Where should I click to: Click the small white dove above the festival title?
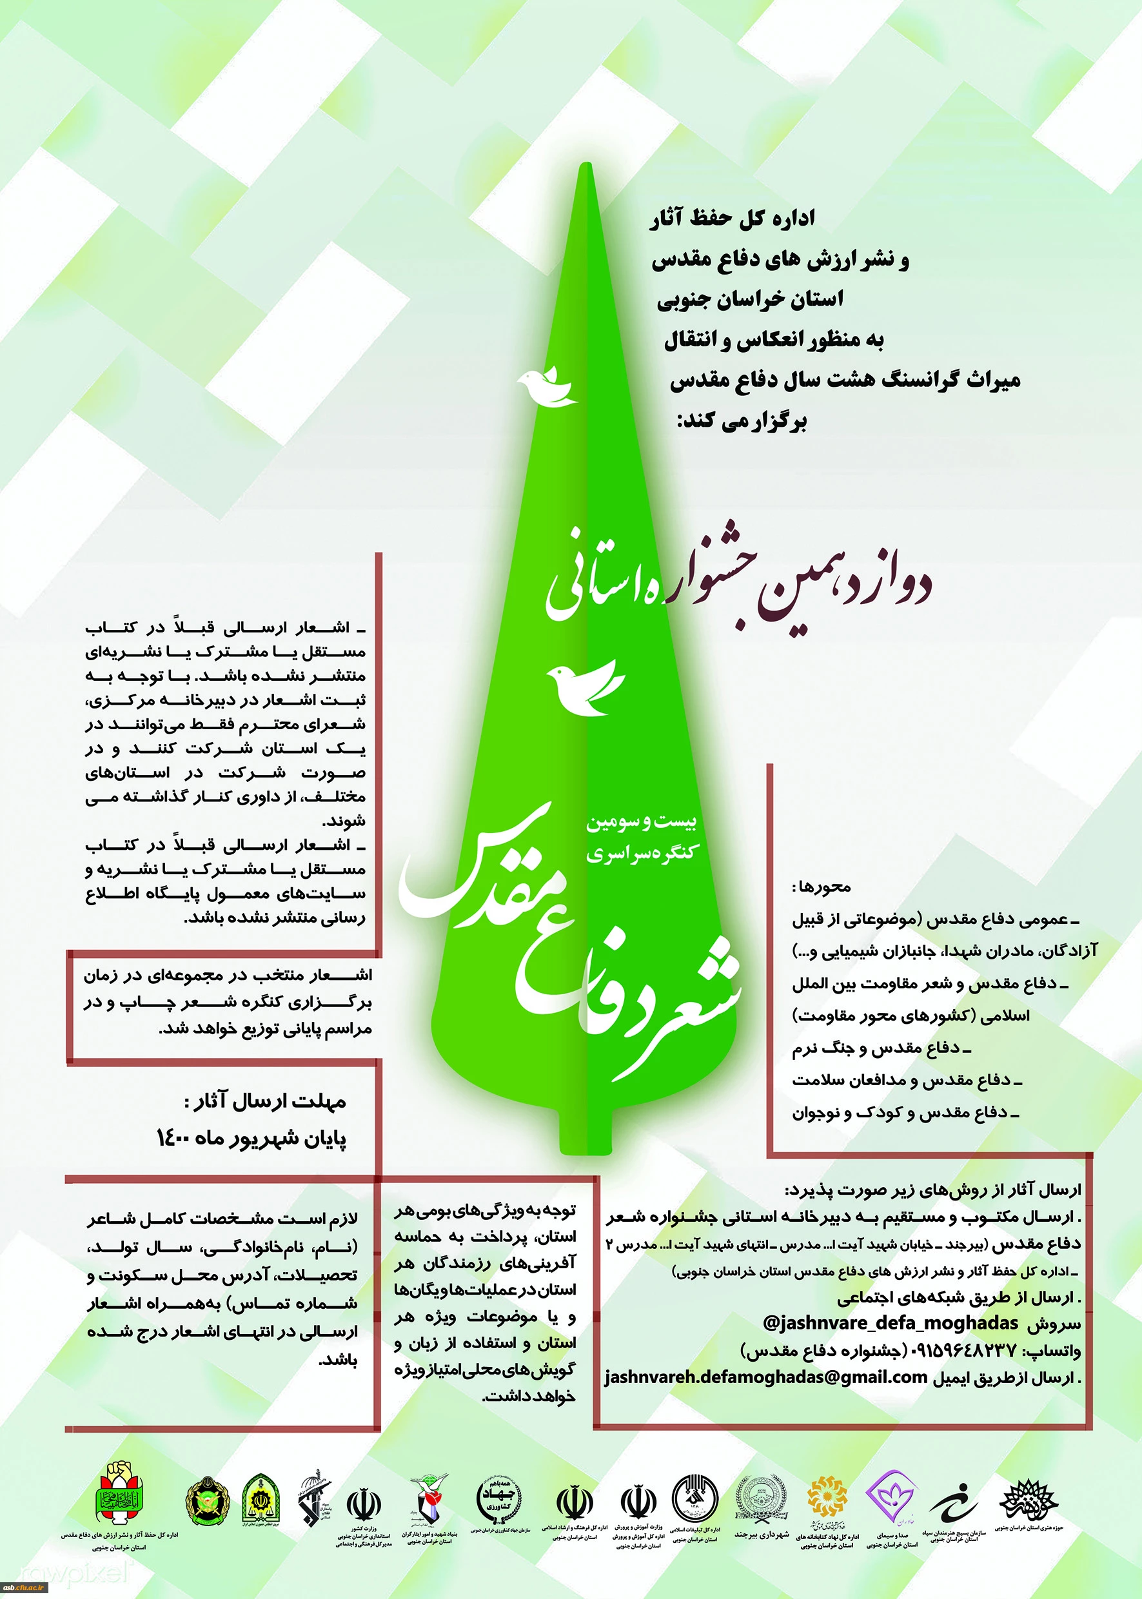(x=547, y=386)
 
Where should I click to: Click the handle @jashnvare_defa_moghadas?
(x=891, y=1322)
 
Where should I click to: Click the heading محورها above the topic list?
(x=822, y=887)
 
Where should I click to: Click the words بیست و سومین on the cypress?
(x=642, y=821)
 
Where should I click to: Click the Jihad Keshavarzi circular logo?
(x=499, y=1497)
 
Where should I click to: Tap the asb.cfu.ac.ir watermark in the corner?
(x=25, y=1587)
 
